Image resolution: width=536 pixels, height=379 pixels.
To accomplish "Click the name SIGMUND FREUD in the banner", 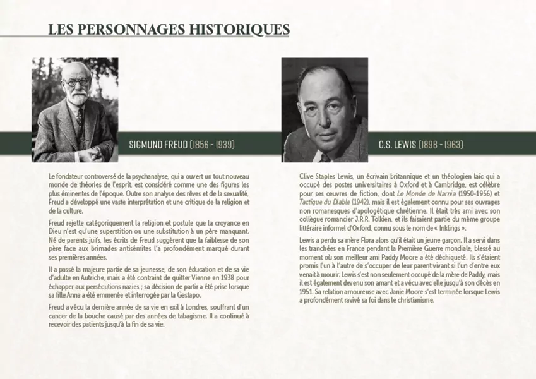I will pyautogui.click(x=158, y=145).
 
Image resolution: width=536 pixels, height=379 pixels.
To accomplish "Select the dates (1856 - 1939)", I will pyautogui.click(x=212, y=145).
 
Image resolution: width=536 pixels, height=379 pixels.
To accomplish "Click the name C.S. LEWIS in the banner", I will pyautogui.click(x=397, y=145).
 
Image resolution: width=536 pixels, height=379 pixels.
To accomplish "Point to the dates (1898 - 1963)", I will pyautogui.click(x=441, y=145).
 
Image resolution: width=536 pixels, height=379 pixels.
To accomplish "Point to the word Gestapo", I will pyautogui.click(x=188, y=295).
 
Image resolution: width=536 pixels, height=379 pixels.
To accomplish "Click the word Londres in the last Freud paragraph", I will pyautogui.click(x=186, y=306).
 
